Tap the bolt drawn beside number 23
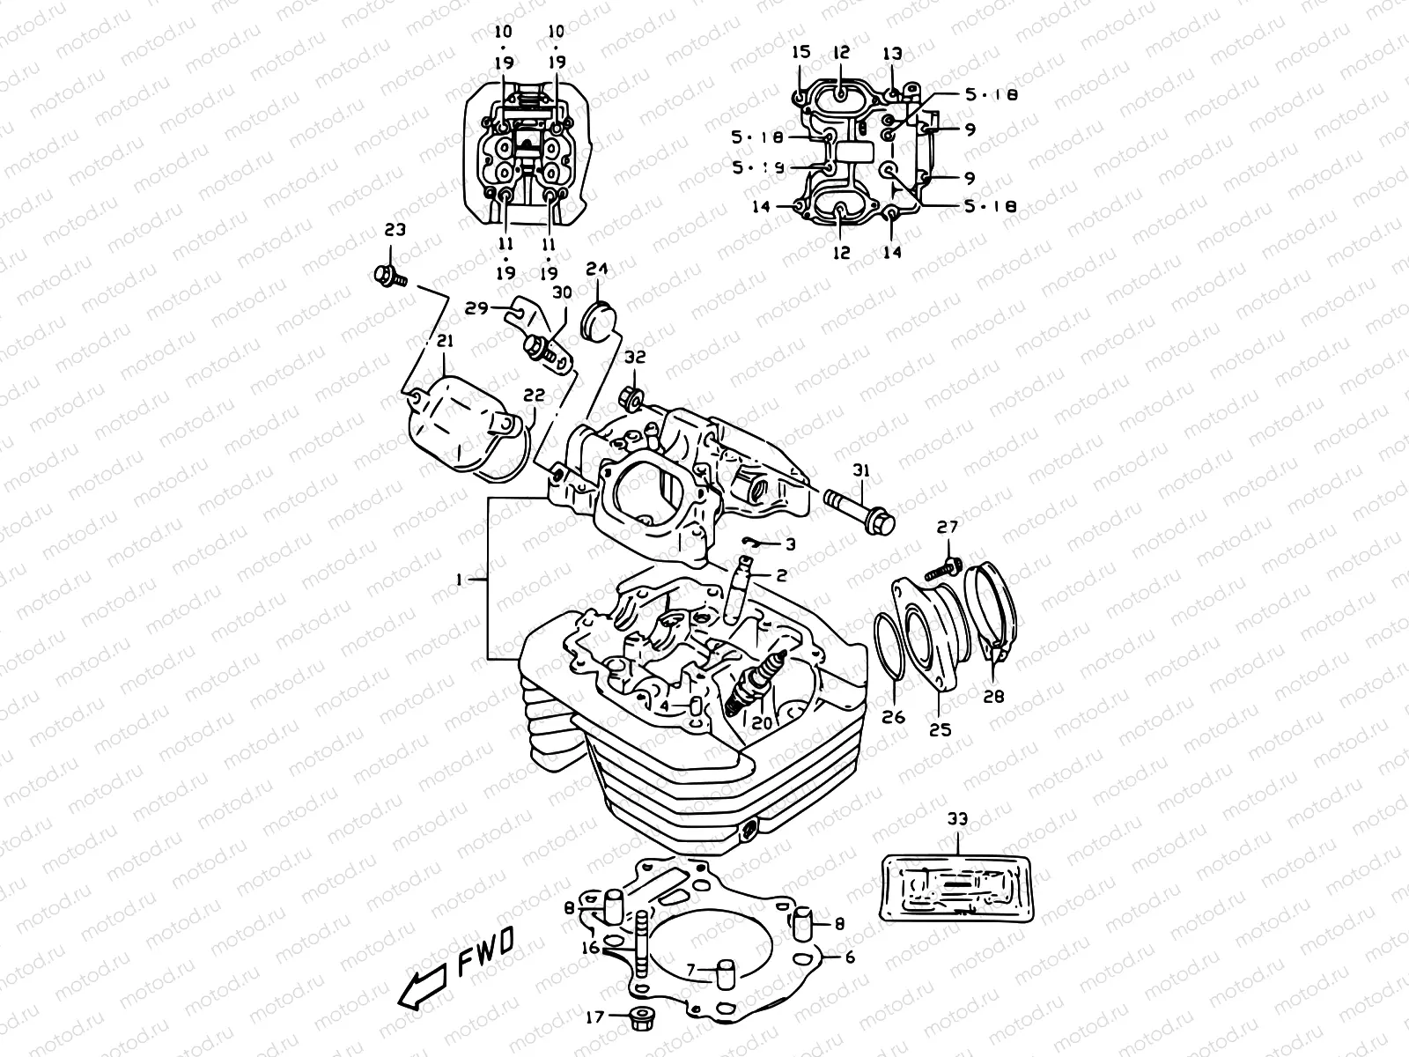coord(387,277)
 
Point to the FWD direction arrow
coord(420,987)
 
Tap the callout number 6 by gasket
coord(850,957)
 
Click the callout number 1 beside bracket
coord(459,579)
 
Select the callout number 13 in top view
coord(893,54)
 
